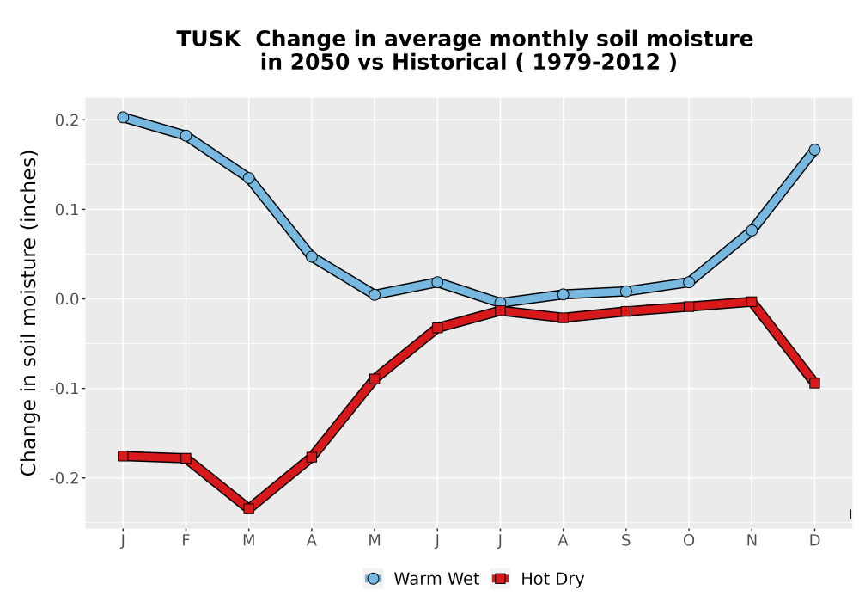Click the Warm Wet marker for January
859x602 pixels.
point(123,117)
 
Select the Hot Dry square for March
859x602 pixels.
point(249,509)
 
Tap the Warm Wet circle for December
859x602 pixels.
point(814,150)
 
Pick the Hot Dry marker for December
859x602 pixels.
point(814,384)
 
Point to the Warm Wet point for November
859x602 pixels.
point(752,230)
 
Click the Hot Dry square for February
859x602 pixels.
point(186,458)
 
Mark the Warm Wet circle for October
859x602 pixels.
point(689,282)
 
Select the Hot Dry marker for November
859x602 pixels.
point(752,302)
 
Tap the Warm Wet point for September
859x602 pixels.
point(625,292)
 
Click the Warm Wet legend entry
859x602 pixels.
point(421,579)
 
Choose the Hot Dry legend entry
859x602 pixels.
point(538,579)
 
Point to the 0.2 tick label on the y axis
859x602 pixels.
point(66,120)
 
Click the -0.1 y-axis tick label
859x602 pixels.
point(64,389)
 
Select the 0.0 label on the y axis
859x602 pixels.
point(66,299)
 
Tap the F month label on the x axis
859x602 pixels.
point(186,541)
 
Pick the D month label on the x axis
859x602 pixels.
point(814,541)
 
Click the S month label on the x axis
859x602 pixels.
point(625,541)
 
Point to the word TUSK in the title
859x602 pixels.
point(208,40)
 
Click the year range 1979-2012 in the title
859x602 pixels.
point(596,62)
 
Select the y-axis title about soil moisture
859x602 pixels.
point(28,312)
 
